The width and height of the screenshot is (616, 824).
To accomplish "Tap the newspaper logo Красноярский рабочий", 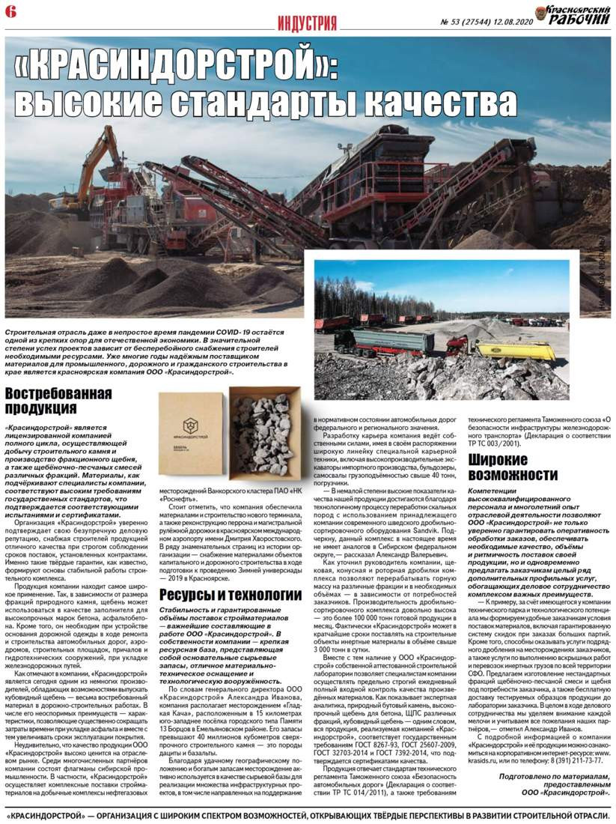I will [573, 15].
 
